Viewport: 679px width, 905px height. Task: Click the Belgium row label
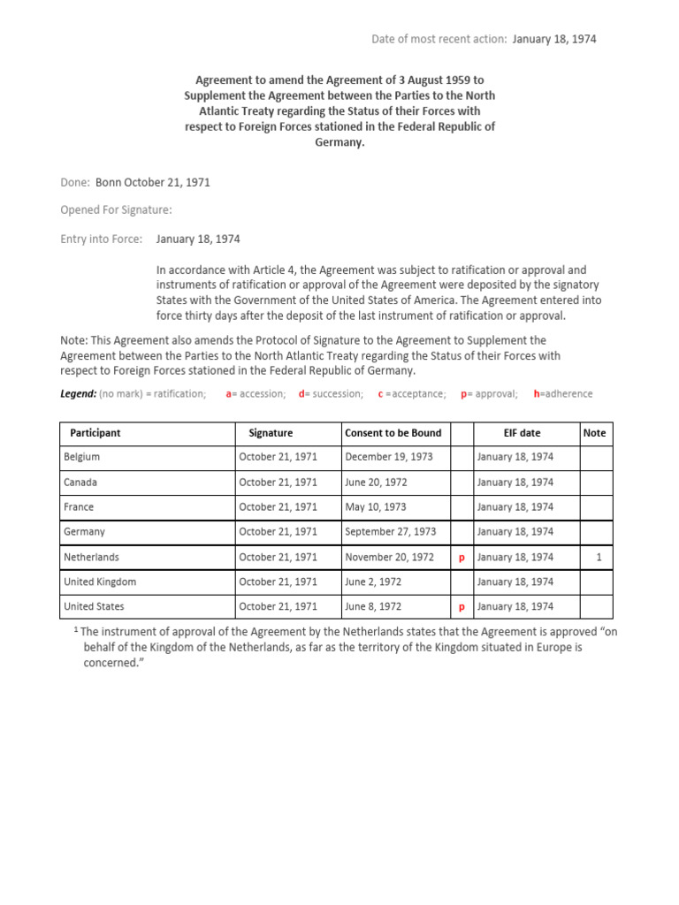(81, 457)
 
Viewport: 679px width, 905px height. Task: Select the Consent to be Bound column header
(393, 433)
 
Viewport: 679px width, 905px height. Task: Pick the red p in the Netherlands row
(462, 558)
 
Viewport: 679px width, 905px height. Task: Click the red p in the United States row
(462, 607)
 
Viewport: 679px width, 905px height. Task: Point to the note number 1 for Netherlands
(599, 558)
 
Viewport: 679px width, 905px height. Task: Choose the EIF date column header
(522, 433)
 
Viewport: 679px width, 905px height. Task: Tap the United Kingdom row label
(100, 582)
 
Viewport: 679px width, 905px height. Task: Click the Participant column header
(95, 433)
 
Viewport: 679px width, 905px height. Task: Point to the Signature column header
(271, 433)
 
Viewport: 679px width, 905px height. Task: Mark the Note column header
(595, 433)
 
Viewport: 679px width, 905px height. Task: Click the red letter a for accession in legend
(229, 394)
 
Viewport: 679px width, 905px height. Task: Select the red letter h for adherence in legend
(537, 394)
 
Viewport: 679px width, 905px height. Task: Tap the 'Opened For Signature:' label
(116, 210)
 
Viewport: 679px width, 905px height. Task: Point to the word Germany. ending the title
(339, 142)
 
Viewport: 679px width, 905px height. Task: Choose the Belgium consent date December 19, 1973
(390, 457)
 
